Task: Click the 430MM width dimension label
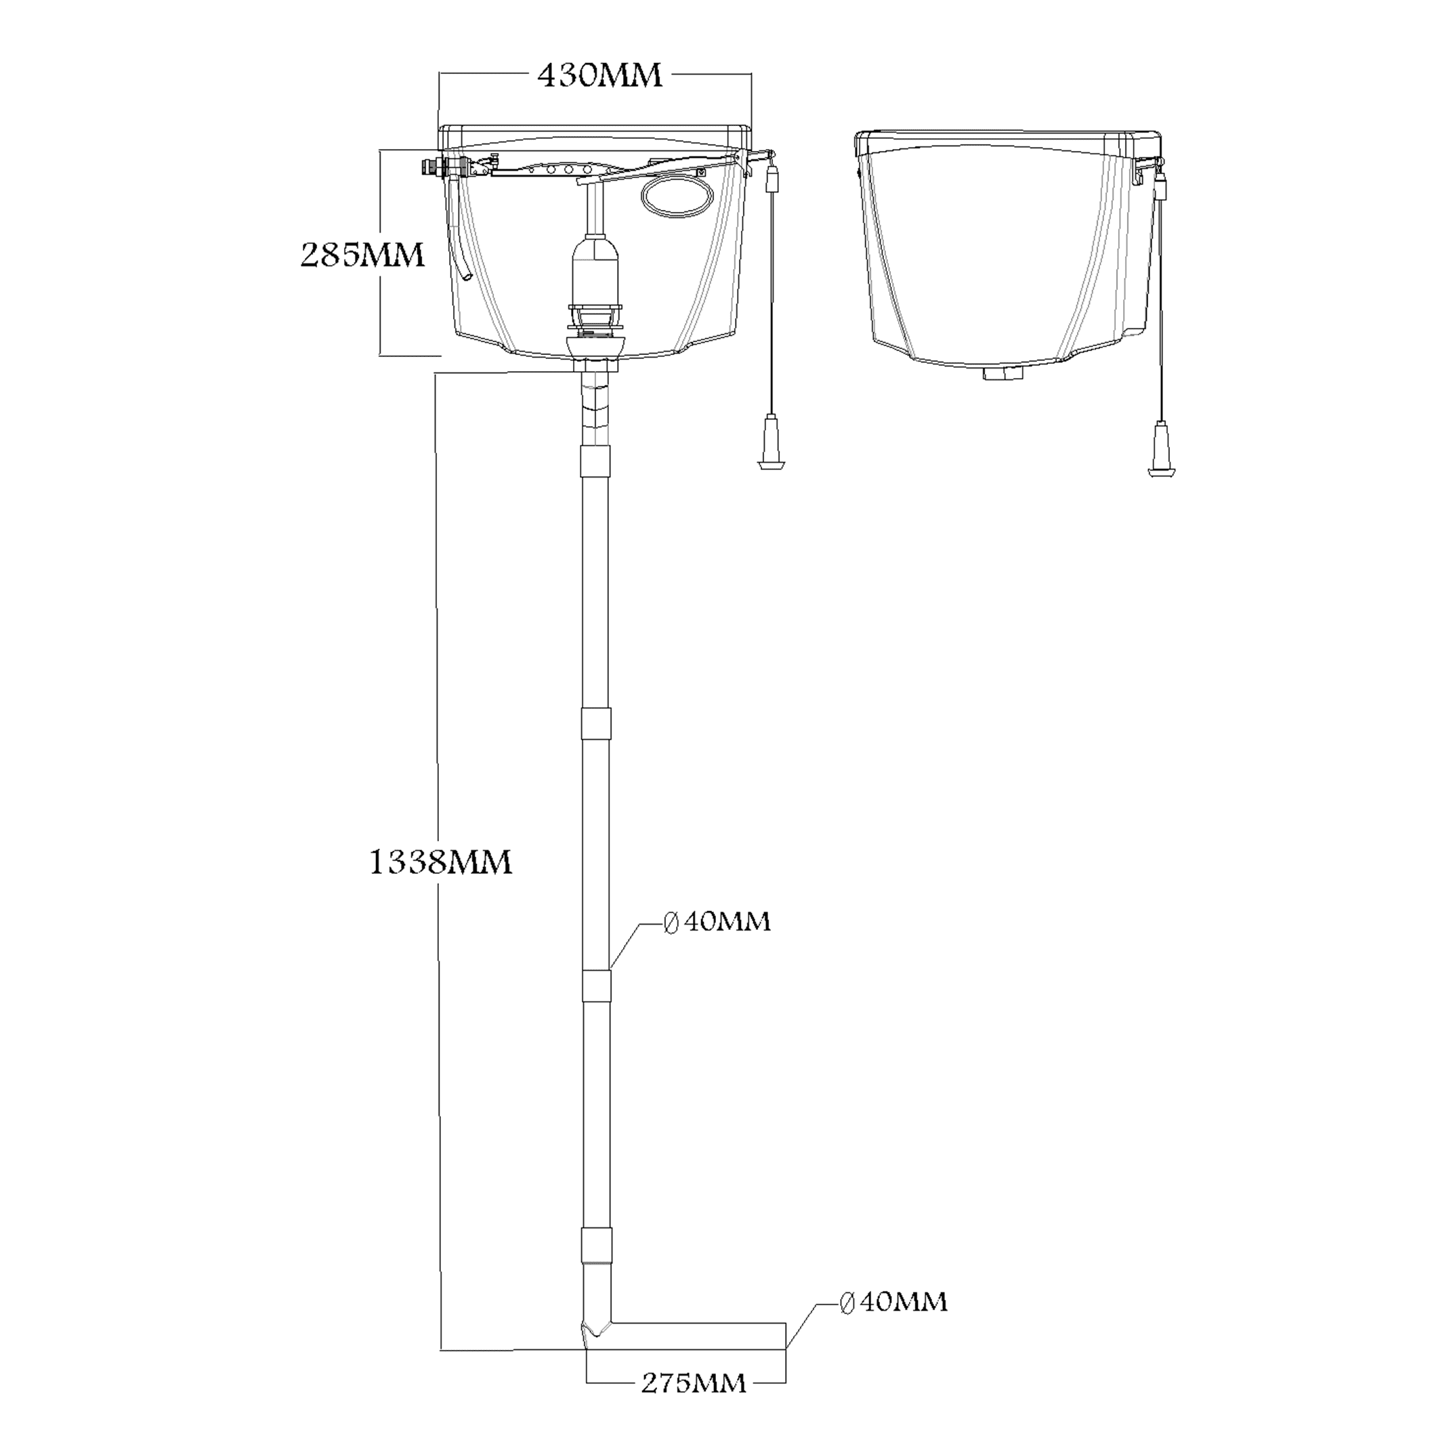click(599, 76)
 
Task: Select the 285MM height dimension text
click(362, 255)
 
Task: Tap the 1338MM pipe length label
click(440, 862)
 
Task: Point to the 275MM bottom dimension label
click(693, 1404)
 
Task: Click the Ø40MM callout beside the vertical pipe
click(717, 922)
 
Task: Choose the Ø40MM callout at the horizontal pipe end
click(893, 1303)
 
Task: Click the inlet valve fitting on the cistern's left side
click(434, 167)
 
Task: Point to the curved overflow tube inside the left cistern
click(463, 256)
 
